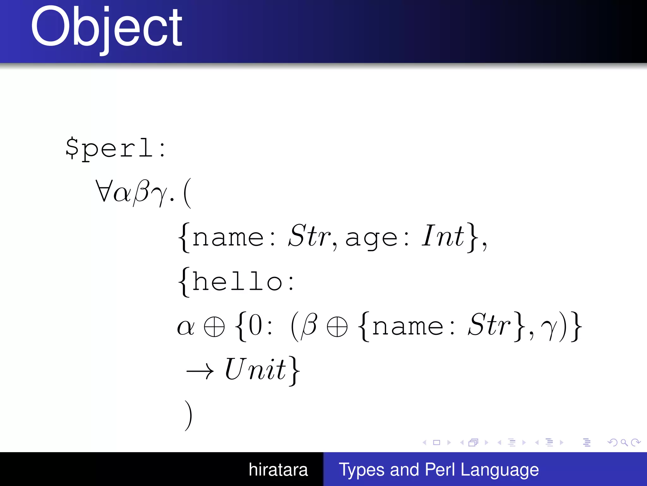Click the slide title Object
tap(106, 28)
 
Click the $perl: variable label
tap(115, 148)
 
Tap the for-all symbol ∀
tap(103, 191)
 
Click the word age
tap(371, 238)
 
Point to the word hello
tap(238, 281)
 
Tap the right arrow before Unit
tap(200, 371)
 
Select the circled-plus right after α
tap(214, 327)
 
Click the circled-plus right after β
tap(337, 327)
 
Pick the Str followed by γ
tap(489, 325)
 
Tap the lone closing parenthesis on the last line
tap(188, 415)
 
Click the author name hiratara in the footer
tap(278, 470)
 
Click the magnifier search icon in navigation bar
tap(624, 442)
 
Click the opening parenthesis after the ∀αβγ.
tap(187, 193)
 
